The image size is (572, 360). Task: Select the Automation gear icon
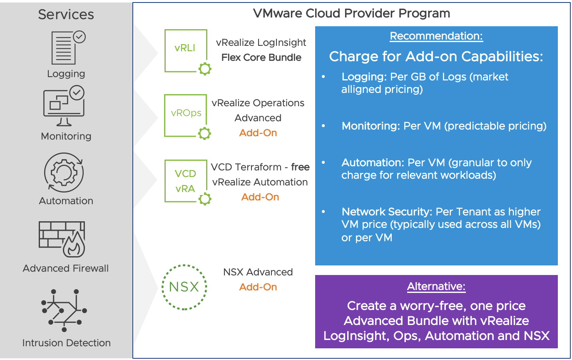64,172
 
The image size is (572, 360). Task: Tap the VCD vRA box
186,181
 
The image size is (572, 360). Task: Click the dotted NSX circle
184,287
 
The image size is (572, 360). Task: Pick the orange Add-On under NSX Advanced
258,287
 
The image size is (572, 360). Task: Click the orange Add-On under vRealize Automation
260,197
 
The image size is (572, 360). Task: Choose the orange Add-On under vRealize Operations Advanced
258,133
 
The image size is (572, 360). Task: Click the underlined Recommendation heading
436,36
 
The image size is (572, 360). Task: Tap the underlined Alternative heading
436,287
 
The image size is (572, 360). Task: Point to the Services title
66,15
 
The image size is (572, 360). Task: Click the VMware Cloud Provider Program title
352,13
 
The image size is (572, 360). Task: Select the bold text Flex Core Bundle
261,57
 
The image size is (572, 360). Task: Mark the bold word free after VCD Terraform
300,167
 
